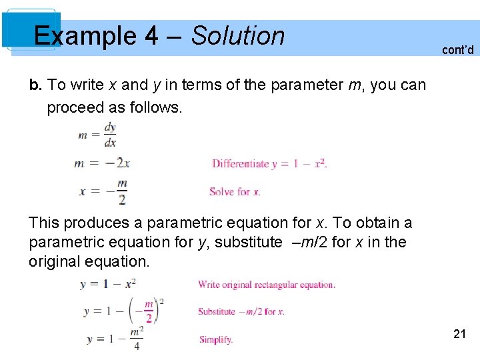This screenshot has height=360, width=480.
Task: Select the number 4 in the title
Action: click(x=151, y=36)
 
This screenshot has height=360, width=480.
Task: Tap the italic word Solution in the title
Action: click(x=238, y=36)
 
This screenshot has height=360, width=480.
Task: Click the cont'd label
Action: click(x=457, y=50)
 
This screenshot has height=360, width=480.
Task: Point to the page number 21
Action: click(x=459, y=334)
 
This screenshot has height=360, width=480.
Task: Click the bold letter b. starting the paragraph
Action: click(x=35, y=85)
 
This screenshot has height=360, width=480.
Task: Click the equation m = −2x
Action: click(x=103, y=163)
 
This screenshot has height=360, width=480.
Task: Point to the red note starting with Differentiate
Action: click(x=269, y=163)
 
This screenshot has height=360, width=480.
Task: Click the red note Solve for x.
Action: click(x=235, y=191)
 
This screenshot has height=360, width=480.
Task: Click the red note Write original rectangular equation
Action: click(x=267, y=285)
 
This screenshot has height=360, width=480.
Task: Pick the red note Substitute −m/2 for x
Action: click(x=241, y=311)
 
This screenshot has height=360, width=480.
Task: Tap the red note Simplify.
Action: click(x=216, y=339)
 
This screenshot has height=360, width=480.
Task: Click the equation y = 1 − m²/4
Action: click(x=114, y=338)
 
